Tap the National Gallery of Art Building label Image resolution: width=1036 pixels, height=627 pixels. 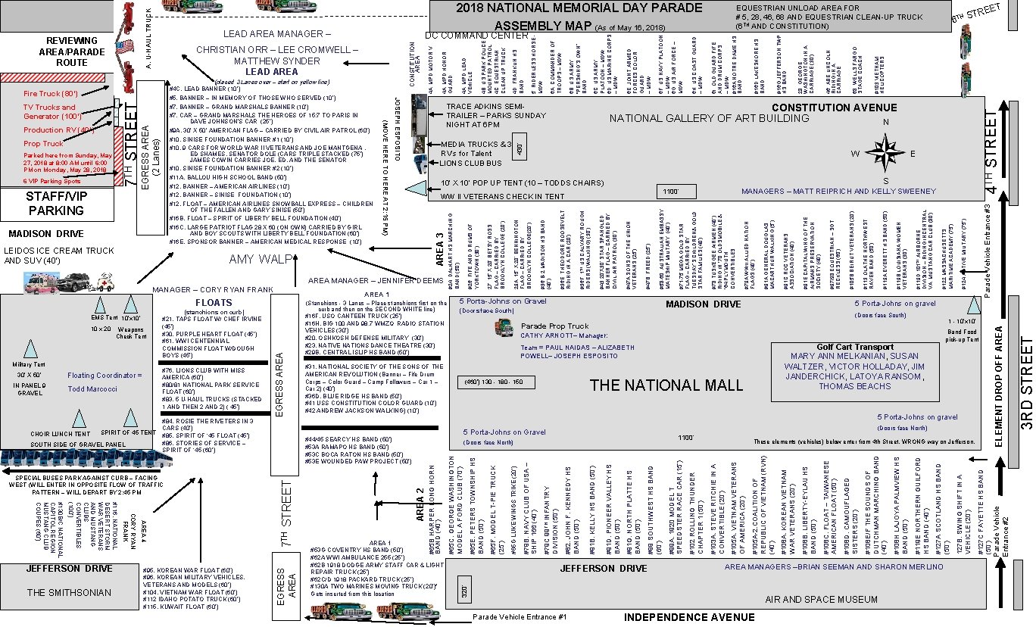click(x=709, y=118)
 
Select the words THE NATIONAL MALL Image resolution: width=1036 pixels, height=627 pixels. click(x=666, y=386)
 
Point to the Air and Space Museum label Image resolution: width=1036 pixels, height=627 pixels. click(x=810, y=600)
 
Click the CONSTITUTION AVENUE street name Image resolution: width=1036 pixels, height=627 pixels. click(x=834, y=108)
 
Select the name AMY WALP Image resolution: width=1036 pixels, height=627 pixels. click(x=261, y=260)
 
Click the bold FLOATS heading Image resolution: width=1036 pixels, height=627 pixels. click(x=213, y=303)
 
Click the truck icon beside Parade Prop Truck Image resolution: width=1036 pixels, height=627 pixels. click(x=503, y=328)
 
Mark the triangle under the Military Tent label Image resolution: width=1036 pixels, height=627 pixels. click(x=31, y=349)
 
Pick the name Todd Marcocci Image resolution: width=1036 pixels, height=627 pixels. click(x=92, y=388)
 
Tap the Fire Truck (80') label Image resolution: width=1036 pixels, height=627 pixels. click(x=50, y=94)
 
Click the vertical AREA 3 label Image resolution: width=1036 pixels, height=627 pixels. click(x=441, y=250)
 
